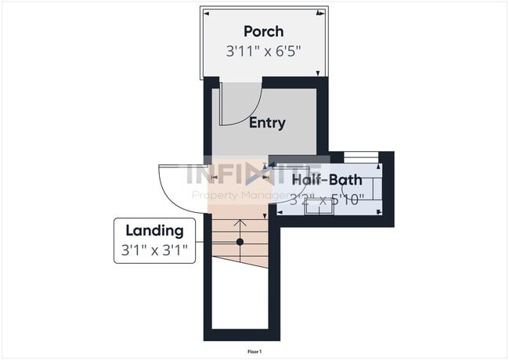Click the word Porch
263,31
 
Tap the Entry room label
267,123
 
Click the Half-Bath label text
327,180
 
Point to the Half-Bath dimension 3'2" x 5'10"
327,200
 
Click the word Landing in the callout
155,230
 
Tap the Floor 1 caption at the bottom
254,352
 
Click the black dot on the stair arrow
240,242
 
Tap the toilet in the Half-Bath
369,188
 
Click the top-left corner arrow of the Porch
206,13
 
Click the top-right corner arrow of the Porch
320,13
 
